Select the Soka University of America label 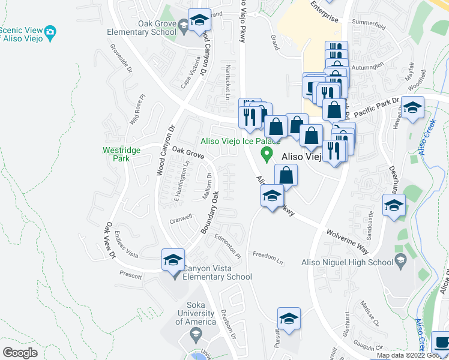(x=196, y=313)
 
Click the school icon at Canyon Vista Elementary (x=173, y=260)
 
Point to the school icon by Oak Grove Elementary (x=199, y=22)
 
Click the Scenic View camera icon (x=50, y=31)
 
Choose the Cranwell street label (x=180, y=217)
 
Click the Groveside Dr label (x=121, y=57)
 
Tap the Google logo (x=20, y=353)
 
